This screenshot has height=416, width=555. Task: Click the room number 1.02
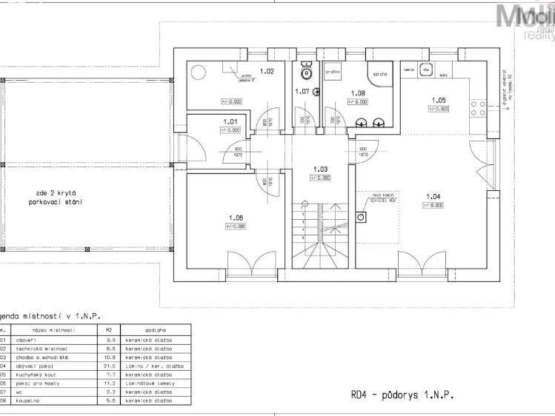pos(267,72)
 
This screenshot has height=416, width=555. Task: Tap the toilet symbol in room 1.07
pos(305,73)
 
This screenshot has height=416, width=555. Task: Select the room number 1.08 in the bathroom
pos(358,93)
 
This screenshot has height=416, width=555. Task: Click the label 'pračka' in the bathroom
pos(333,72)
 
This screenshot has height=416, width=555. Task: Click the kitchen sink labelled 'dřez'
pos(425,70)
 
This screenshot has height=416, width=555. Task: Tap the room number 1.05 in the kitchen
pos(439,100)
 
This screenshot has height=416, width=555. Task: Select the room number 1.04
pos(433,196)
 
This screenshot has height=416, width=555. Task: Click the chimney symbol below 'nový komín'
pos(361,218)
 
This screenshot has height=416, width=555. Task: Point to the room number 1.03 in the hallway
pos(320,169)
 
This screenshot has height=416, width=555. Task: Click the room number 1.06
pos(236,218)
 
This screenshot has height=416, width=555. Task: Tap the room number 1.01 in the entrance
pos(230,121)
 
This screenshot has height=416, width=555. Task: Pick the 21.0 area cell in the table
pos(109,366)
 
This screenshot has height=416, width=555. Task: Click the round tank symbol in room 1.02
pos(199,73)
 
